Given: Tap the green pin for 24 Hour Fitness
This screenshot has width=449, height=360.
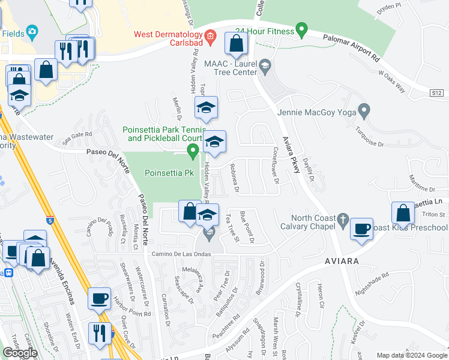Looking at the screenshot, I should tap(302, 28).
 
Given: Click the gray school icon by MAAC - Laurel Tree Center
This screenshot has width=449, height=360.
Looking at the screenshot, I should tap(264, 65).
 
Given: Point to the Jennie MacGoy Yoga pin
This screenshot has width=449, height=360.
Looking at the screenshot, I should tap(363, 111).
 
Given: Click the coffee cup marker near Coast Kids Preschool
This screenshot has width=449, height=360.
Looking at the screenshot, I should tap(361, 229).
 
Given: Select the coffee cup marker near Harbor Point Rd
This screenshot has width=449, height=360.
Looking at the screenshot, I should tap(99, 298).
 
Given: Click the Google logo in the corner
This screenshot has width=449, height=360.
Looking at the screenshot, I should tap(20, 352).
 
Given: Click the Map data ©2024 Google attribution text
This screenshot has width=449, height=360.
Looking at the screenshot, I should tap(412, 355).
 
